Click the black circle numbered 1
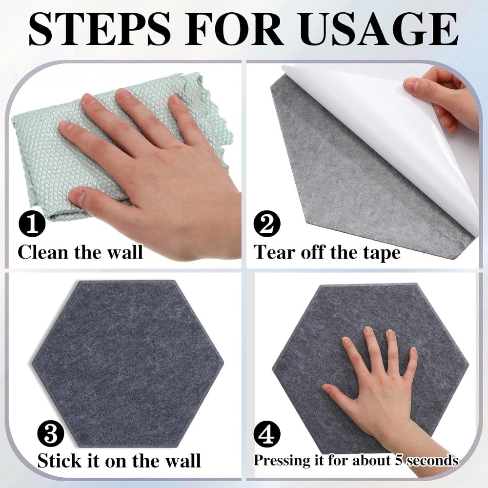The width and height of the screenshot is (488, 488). click(x=32, y=224)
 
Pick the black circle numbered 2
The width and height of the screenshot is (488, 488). click(x=267, y=224)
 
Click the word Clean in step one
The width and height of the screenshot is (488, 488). click(x=44, y=252)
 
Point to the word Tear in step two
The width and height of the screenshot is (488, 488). click(x=274, y=252)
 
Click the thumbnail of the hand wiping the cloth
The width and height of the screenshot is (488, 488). click(x=76, y=197)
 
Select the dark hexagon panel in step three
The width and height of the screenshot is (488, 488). click(x=128, y=364)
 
